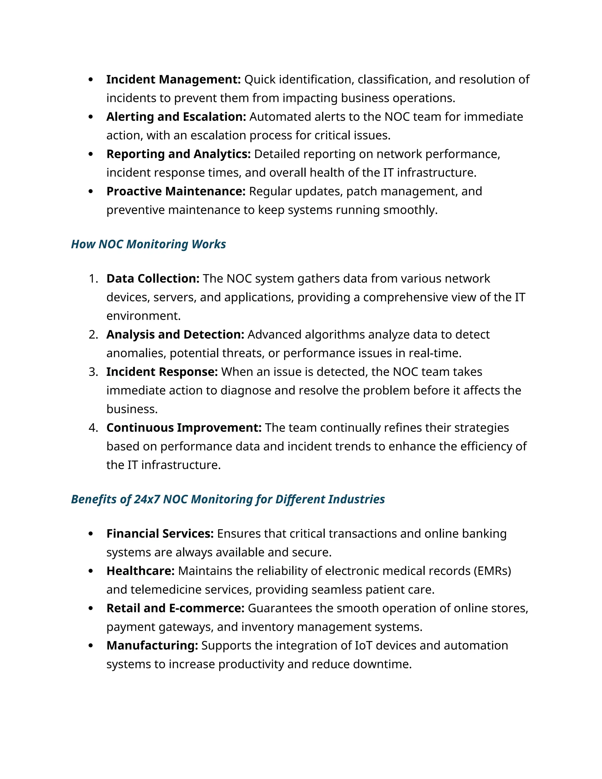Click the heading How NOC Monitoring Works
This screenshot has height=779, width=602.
pos(148,244)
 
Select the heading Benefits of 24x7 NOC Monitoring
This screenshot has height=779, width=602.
pos(228,499)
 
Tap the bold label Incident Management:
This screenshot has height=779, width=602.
pos(174,80)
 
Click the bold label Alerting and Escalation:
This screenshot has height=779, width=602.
pos(176,117)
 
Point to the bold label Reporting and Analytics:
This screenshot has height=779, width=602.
pos(179,154)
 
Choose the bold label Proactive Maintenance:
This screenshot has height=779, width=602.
pos(176,192)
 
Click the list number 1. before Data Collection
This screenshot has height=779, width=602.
pos(93,279)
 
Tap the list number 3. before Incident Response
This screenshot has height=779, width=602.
pos(93,372)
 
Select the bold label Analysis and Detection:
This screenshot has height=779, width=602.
pos(175,335)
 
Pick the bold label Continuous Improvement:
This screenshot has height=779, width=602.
pos(184,428)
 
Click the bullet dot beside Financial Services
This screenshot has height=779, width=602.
pos(91,534)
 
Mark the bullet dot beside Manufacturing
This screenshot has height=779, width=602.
pos(91,646)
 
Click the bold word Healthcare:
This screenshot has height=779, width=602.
pos(141,571)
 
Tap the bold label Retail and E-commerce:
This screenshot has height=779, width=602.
pos(175,608)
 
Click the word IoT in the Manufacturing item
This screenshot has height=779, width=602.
pos(363,646)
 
